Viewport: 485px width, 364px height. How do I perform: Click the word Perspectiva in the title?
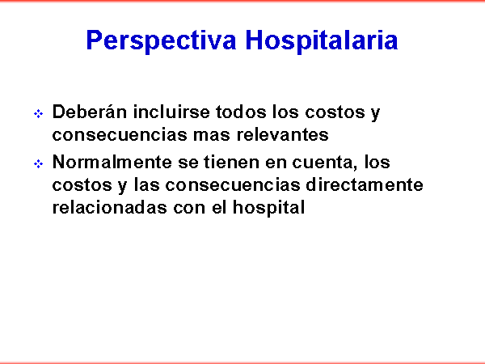161,41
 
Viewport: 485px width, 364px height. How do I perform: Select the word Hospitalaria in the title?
322,41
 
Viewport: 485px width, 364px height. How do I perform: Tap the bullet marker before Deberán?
38,114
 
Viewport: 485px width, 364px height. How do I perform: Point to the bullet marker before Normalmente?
38,163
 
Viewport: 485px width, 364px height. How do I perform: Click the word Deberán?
90,112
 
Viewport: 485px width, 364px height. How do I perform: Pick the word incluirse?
171,112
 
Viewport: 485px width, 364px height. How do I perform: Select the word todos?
241,112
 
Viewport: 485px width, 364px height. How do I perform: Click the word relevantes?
282,134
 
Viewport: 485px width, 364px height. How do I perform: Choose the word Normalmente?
112,162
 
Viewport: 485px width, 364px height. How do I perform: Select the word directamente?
365,184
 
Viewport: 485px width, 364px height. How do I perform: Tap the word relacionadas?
109,207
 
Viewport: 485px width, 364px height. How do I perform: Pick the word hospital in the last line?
269,208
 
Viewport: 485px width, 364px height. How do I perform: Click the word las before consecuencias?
147,184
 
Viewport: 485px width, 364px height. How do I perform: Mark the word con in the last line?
189,209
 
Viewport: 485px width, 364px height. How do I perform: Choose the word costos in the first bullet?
335,112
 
